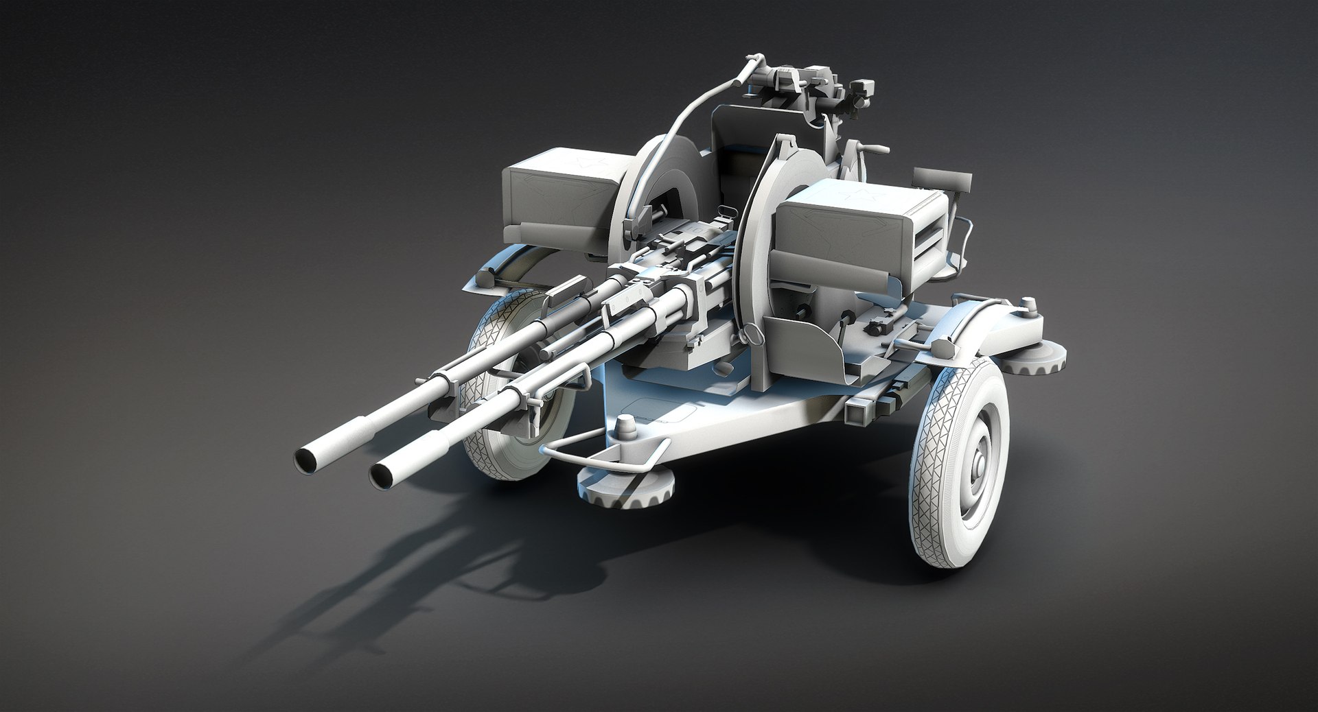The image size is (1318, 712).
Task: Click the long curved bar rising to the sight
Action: point(693,117)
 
